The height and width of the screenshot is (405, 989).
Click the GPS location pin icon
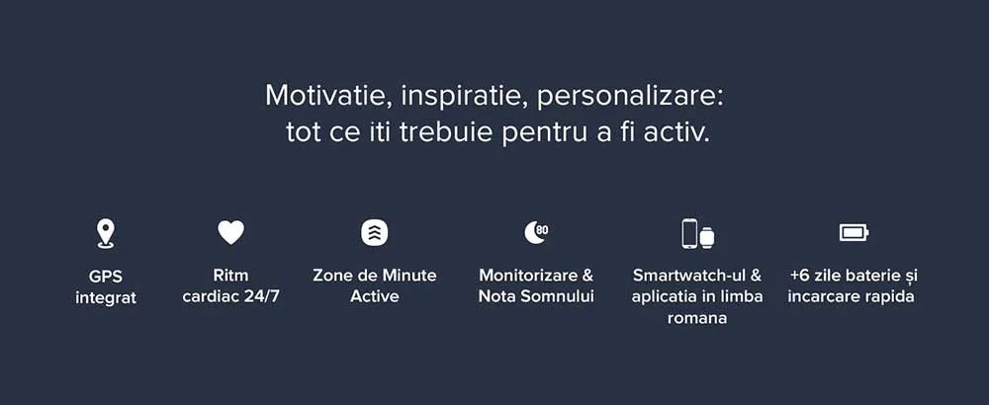click(x=105, y=234)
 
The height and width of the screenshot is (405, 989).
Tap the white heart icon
click(x=230, y=232)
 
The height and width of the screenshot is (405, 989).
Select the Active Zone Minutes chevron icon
click(x=375, y=233)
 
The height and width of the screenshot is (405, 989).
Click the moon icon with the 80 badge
click(x=536, y=232)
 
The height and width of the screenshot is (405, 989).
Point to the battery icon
click(x=854, y=233)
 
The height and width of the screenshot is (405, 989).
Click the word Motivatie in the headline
click(x=328, y=96)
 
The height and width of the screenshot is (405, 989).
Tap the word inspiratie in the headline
click(x=464, y=97)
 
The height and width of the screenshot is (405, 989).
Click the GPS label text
click(x=106, y=276)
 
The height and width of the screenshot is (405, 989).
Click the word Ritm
click(x=230, y=276)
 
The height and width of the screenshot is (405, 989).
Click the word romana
click(x=697, y=318)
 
